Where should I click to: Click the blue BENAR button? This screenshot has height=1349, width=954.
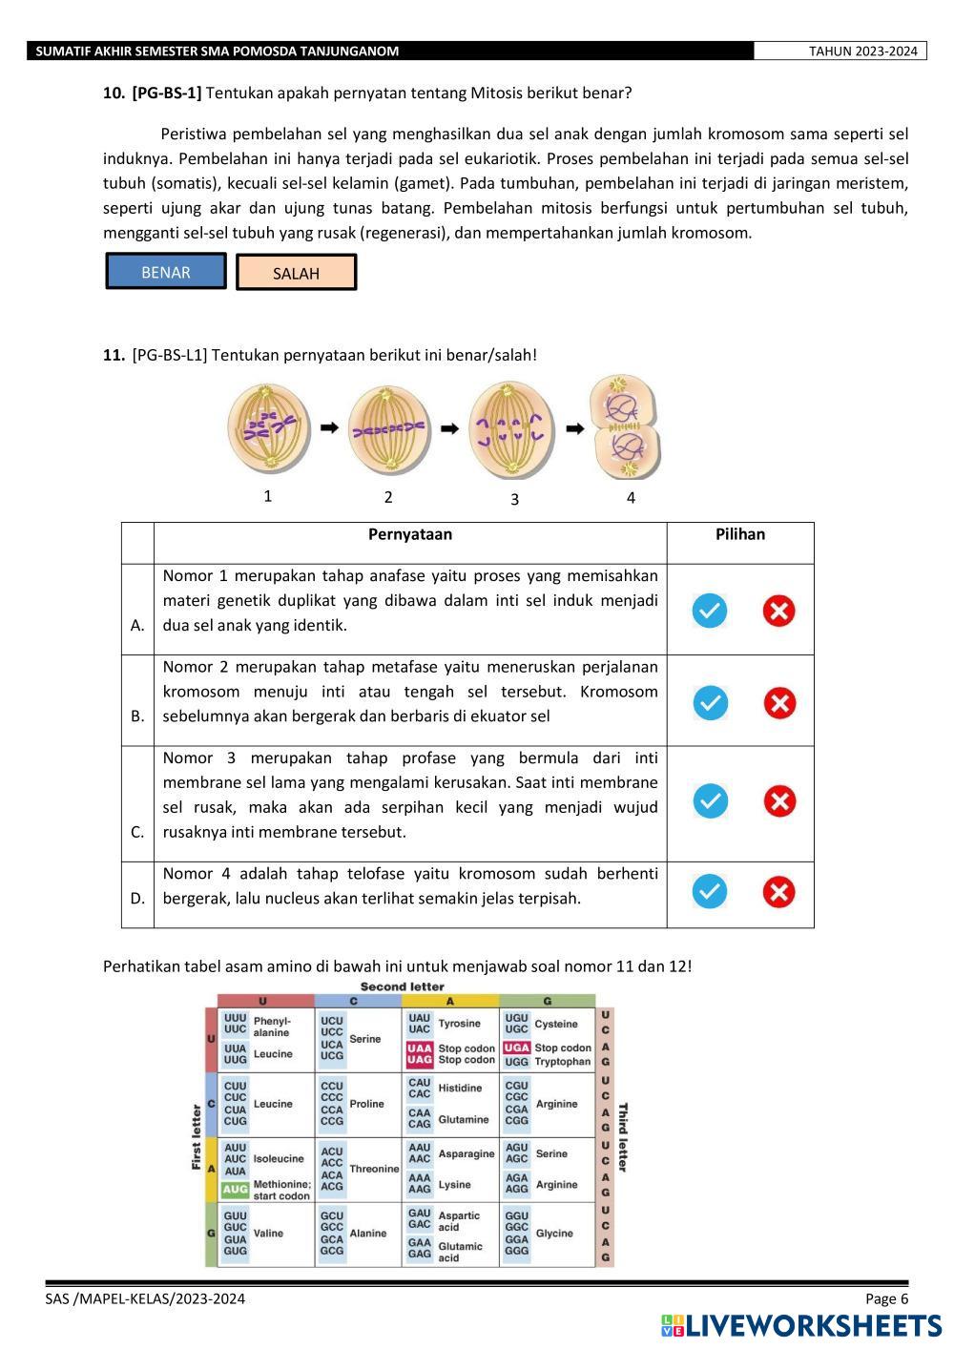[166, 272]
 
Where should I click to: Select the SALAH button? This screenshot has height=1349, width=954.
[296, 273]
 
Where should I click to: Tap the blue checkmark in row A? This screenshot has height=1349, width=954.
[710, 610]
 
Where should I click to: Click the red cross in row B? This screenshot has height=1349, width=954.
[779, 703]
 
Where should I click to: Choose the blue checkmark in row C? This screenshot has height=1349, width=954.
[710, 800]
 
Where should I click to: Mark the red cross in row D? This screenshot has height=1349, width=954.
[779, 891]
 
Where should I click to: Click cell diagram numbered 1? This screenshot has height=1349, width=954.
[269, 428]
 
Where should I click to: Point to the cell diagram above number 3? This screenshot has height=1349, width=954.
[512, 428]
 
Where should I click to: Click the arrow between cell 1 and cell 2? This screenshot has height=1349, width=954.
[329, 428]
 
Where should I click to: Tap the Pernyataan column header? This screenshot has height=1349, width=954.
[410, 534]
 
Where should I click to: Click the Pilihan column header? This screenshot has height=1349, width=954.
[740, 534]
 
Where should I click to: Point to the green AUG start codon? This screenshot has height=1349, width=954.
[235, 1190]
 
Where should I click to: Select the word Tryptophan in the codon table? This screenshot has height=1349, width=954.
[563, 1061]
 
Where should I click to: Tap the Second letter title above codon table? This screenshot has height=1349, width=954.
[402, 986]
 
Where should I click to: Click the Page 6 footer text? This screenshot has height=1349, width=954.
[887, 1298]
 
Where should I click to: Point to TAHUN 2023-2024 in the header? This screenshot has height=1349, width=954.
[862, 52]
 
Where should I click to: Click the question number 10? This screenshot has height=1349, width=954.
[114, 93]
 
